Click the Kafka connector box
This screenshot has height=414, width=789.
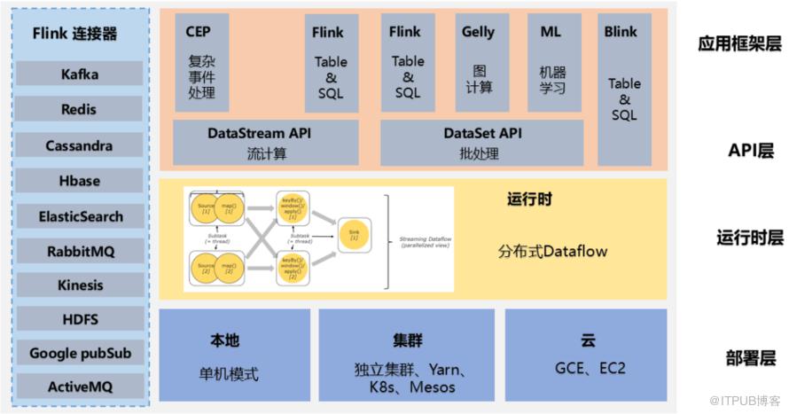click(80, 74)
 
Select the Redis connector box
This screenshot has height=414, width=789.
click(80, 109)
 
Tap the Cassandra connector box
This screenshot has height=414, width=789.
click(80, 145)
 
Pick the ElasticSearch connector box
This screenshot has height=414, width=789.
click(80, 215)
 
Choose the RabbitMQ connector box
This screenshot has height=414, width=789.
click(80, 251)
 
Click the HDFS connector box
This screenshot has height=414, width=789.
click(80, 319)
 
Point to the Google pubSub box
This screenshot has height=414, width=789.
click(80, 353)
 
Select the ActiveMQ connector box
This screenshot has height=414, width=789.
click(80, 386)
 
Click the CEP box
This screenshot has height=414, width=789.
click(201, 62)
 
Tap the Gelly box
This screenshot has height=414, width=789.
click(478, 61)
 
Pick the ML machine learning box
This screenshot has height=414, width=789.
click(551, 61)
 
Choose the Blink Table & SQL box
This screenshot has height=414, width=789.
click(624, 89)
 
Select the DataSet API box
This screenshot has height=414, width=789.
click(482, 143)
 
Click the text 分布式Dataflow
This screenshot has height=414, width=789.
click(553, 251)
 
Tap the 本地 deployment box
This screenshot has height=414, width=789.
click(235, 355)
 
